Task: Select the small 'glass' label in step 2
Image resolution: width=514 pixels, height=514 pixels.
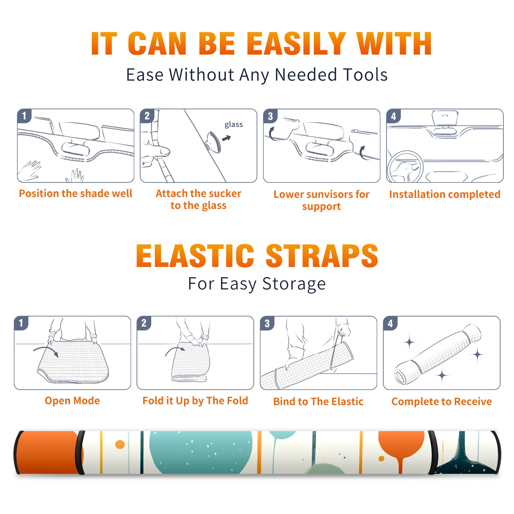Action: click(234, 125)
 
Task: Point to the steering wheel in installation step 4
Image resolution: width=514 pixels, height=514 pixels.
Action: click(405, 167)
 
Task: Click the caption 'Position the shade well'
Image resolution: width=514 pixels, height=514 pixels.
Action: click(75, 193)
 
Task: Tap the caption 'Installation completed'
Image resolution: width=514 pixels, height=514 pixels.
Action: click(445, 194)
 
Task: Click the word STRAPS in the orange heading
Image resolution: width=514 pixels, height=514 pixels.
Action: click(322, 256)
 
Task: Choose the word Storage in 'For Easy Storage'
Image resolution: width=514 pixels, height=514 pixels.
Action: click(294, 284)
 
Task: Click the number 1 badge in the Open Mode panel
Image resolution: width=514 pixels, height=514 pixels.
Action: click(21, 323)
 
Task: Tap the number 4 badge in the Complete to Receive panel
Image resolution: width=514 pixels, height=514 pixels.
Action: click(390, 323)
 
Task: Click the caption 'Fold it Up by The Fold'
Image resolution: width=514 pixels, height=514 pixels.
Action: click(195, 401)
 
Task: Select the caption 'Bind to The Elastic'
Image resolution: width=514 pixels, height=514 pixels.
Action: click(318, 402)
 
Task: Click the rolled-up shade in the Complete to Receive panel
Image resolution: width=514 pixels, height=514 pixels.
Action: click(438, 354)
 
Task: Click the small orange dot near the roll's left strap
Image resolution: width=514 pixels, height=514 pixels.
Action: click(120, 444)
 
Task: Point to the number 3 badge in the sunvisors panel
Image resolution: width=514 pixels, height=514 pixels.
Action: click(270, 116)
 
